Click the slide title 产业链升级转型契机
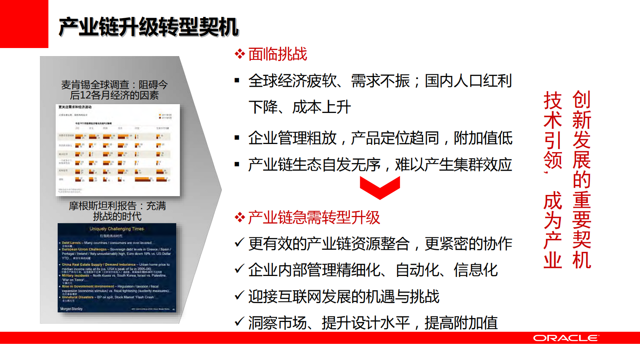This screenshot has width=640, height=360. point(148,27)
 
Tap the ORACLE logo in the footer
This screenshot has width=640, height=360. point(566,338)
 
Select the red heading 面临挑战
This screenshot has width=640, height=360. point(277,54)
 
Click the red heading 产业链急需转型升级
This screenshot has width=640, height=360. point(314,218)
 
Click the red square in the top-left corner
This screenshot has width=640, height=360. point(24,24)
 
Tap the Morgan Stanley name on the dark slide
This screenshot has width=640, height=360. point(71,309)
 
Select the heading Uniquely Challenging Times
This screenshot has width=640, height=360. point(117,229)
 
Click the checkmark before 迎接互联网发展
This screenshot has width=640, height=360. point(239,296)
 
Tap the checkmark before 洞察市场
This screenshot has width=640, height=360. point(239,322)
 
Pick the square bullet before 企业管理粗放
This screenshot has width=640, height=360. point(237,138)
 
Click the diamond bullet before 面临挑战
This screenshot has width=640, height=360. point(240,54)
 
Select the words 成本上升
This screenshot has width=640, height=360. point(321,107)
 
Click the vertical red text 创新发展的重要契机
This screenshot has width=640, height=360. point(582,180)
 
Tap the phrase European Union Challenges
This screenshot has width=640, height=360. point(84,249)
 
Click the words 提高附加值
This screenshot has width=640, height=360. point(461,323)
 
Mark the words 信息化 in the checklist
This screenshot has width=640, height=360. point(476,270)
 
